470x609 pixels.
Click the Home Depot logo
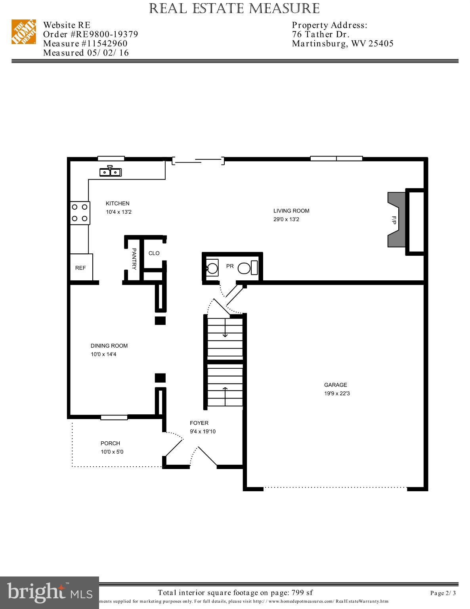(x=23, y=32)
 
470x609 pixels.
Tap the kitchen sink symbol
(x=111, y=171)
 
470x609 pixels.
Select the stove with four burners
(x=80, y=213)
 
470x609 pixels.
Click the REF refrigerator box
(x=81, y=268)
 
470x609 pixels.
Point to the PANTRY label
(x=134, y=259)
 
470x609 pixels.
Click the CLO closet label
(x=154, y=253)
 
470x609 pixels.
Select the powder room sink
(x=212, y=268)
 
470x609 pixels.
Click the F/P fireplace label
(x=394, y=220)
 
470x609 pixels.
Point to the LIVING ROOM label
(x=291, y=211)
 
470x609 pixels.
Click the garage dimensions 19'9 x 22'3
(x=337, y=394)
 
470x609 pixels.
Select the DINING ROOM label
(x=109, y=346)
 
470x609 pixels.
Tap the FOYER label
(x=199, y=423)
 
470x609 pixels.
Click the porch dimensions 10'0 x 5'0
(x=112, y=452)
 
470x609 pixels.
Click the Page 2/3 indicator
(x=443, y=594)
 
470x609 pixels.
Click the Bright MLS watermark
(x=50, y=592)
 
